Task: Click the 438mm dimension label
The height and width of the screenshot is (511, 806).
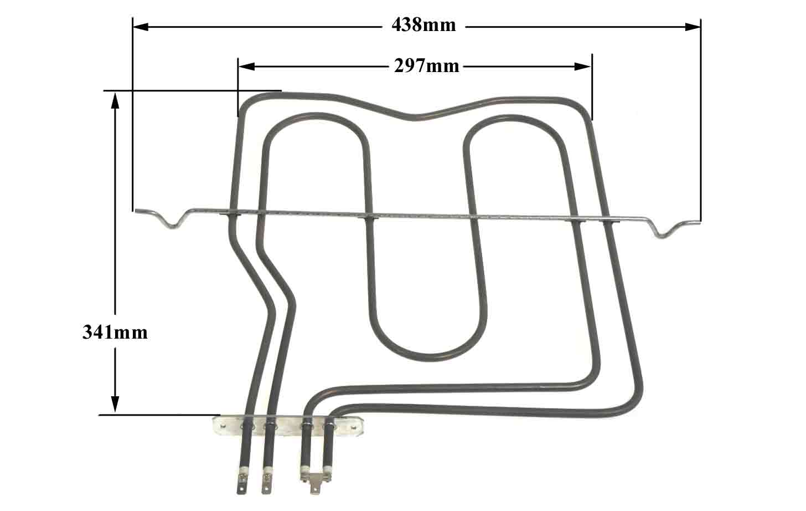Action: tap(423, 25)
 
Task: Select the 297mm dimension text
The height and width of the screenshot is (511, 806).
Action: tap(426, 67)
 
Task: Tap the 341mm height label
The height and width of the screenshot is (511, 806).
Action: tap(115, 332)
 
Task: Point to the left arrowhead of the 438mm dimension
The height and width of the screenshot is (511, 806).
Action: tap(141, 27)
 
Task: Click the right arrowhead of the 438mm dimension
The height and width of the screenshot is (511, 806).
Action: tap(693, 27)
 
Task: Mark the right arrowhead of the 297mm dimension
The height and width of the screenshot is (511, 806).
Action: tap(582, 67)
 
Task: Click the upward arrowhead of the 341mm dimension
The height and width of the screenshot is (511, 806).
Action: tap(115, 100)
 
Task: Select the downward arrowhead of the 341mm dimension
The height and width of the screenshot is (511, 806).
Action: tap(115, 404)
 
